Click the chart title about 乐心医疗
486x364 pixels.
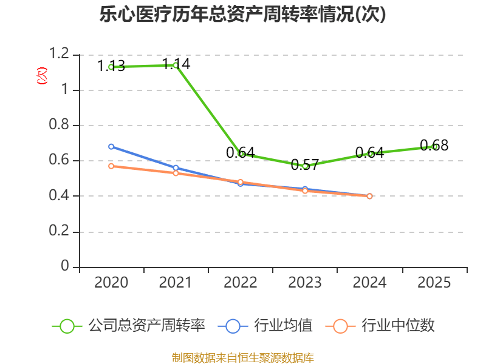(242, 15)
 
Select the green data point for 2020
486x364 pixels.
(111, 66)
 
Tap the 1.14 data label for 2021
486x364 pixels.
(176, 64)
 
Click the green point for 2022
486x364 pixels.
(241, 153)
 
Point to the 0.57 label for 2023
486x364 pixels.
(305, 164)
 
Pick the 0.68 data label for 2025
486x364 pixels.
(434, 145)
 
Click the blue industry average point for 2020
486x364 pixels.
(111, 147)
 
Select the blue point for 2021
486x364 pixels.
(176, 168)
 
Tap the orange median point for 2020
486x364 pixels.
(111, 166)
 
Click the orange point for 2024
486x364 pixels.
(369, 196)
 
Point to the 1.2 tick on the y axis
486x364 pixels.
(60, 55)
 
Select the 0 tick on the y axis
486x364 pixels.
(66, 267)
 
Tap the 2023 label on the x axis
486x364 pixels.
(305, 283)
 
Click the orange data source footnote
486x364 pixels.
(242, 357)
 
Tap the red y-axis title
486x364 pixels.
(42, 76)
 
